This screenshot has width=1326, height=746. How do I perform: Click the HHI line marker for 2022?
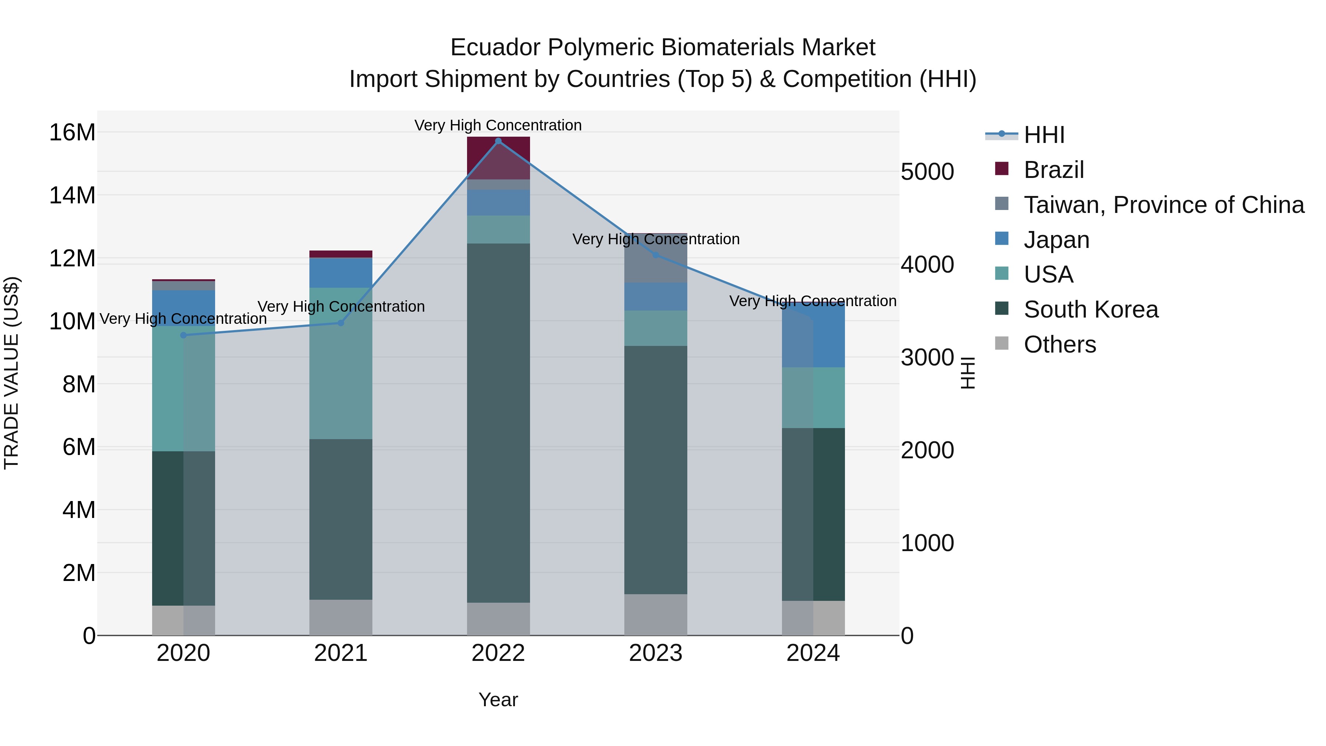pyautogui.click(x=498, y=141)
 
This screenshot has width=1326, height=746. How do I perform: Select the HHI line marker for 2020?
pyautogui.click(x=183, y=335)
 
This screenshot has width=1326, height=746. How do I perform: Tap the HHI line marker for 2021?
pyautogui.click(x=341, y=323)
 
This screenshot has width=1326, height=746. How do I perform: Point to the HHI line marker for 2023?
pyautogui.click(x=655, y=255)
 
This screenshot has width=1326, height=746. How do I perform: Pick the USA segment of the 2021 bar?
pyautogui.click(x=341, y=363)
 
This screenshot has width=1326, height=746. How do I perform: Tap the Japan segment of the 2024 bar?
pyautogui.click(x=813, y=335)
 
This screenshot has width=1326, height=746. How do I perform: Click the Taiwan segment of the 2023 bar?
pyautogui.click(x=655, y=258)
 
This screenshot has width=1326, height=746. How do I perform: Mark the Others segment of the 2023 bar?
pyautogui.click(x=655, y=614)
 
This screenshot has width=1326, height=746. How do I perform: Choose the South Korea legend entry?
pyautogui.click(x=1090, y=309)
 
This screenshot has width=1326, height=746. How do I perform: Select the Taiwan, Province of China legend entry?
pyautogui.click(x=1163, y=205)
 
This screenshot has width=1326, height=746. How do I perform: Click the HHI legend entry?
pyautogui.click(x=1044, y=135)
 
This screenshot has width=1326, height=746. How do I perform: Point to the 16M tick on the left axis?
pyautogui.click(x=72, y=133)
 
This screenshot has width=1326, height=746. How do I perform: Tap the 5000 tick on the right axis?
pyautogui.click(x=927, y=172)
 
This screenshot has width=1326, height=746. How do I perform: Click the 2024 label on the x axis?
pyautogui.click(x=813, y=653)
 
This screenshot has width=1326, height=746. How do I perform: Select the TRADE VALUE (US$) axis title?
pyautogui.click(x=12, y=373)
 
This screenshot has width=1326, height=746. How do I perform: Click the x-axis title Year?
pyautogui.click(x=498, y=700)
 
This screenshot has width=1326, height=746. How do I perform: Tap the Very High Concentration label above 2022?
pyautogui.click(x=498, y=125)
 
